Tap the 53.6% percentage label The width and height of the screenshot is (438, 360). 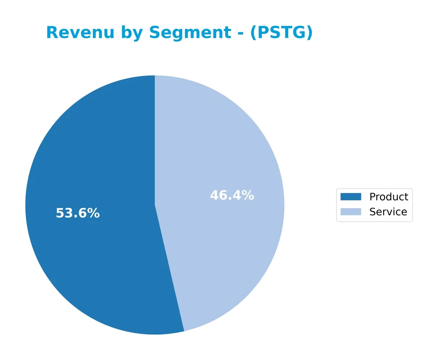[78, 214]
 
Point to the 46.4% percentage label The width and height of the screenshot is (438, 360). [232, 196]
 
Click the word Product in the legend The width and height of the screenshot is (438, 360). [389, 197]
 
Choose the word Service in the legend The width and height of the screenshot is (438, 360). [388, 212]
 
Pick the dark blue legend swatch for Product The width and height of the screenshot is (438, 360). [350, 197]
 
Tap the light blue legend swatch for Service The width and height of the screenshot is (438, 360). [350, 212]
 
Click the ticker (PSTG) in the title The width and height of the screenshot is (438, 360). [281, 33]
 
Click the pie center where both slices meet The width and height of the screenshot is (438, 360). [155, 205]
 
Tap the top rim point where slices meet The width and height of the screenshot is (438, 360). [155, 76]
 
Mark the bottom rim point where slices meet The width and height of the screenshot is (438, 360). [184, 331]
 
